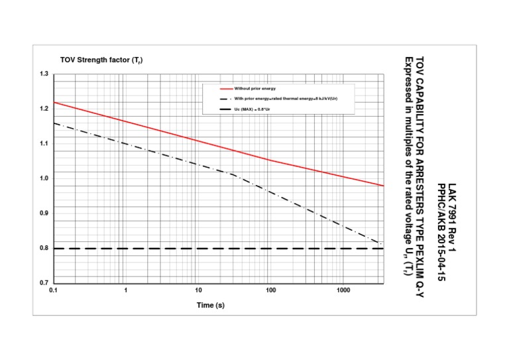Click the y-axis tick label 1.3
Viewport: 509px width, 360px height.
pyautogui.click(x=44, y=74)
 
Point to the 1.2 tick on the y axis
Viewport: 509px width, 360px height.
pyautogui.click(x=44, y=108)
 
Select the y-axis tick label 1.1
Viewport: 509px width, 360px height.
pyautogui.click(x=44, y=143)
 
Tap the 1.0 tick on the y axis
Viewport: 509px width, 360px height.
pyautogui.click(x=44, y=178)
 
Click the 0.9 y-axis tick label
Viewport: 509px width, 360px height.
pyautogui.click(x=44, y=213)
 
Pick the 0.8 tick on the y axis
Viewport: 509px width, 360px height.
pyautogui.click(x=44, y=248)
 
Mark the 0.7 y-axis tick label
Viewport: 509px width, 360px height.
pyautogui.click(x=44, y=283)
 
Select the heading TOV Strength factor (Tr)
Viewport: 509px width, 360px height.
pyautogui.click(x=101, y=60)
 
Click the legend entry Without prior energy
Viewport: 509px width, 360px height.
pyautogui.click(x=255, y=88)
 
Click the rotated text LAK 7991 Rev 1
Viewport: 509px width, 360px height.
pyautogui.click(x=452, y=218)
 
